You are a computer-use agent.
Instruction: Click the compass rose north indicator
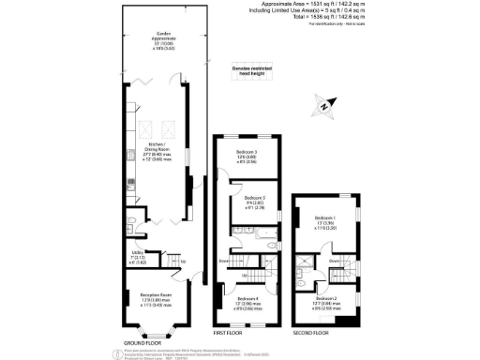point(323,111)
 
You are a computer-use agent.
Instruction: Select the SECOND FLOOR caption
point(322,332)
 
